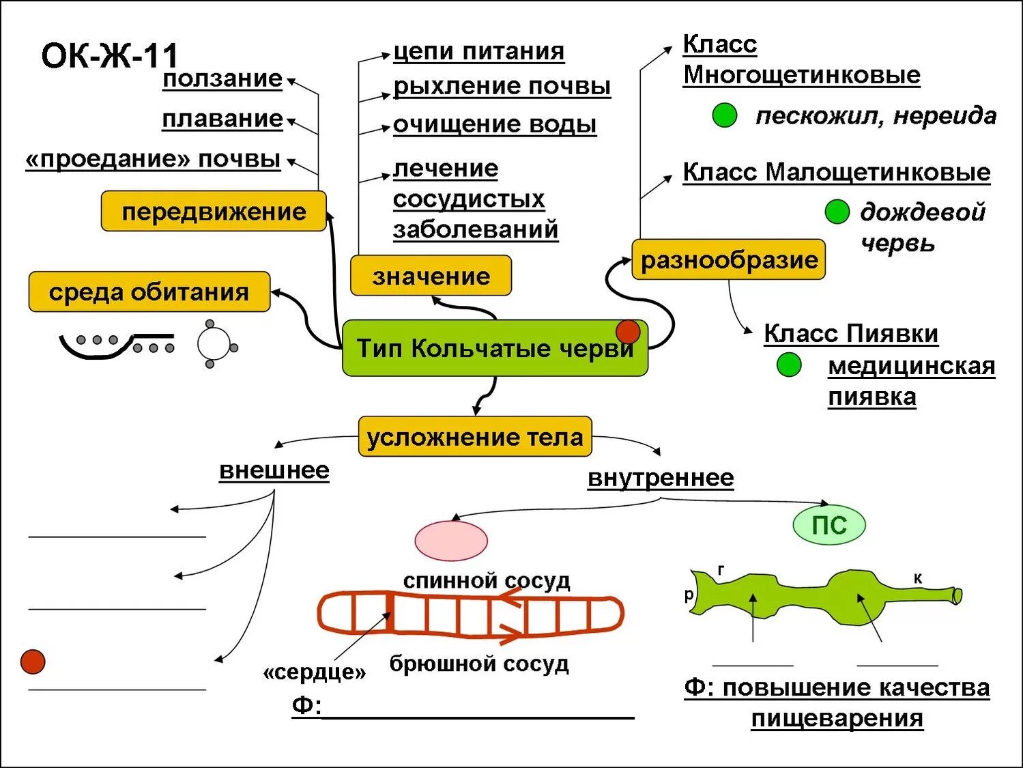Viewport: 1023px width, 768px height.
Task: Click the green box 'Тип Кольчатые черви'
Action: pyautogui.click(x=494, y=349)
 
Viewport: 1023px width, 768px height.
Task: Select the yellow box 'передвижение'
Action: pyautogui.click(x=214, y=212)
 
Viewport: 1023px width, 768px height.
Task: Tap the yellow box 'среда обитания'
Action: pyautogui.click(x=149, y=292)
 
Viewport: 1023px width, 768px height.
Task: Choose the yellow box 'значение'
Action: pyautogui.click(x=431, y=276)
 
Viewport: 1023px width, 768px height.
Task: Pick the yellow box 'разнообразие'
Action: pyautogui.click(x=728, y=259)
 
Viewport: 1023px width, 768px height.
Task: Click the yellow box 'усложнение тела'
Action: pyautogui.click(x=475, y=437)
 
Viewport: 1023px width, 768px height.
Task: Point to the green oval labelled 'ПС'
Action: pyautogui.click(x=829, y=525)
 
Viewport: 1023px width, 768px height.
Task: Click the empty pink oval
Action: pyautogui.click(x=451, y=541)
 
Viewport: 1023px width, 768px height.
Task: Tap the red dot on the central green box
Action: pyautogui.click(x=628, y=332)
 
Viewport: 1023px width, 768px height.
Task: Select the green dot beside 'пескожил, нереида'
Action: pyautogui.click(x=724, y=115)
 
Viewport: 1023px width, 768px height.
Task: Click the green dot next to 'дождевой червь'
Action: pyautogui.click(x=837, y=212)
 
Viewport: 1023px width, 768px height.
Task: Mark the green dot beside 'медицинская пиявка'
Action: pyautogui.click(x=789, y=365)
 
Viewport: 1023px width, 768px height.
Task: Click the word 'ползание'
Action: pyautogui.click(x=222, y=79)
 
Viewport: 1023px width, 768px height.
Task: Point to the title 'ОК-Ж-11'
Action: pyautogui.click(x=109, y=56)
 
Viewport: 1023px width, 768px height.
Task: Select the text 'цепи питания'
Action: pyautogui.click(x=478, y=51)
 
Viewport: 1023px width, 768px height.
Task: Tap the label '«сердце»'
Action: pyautogui.click(x=315, y=673)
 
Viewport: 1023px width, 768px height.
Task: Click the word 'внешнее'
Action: pyautogui.click(x=274, y=470)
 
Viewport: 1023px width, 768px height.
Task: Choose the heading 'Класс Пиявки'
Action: pyautogui.click(x=851, y=334)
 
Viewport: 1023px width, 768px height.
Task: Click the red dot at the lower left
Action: pyautogui.click(x=33, y=662)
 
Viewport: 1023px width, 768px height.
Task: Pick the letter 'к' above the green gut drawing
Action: pyautogui.click(x=918, y=578)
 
